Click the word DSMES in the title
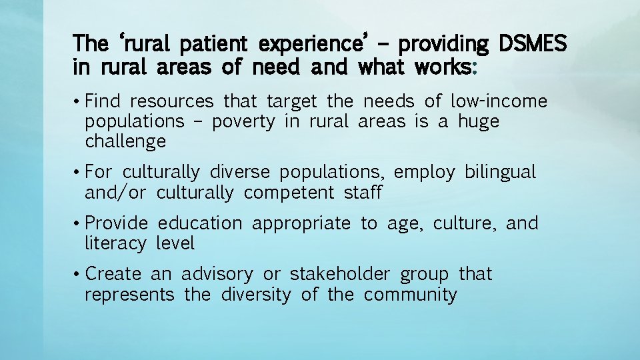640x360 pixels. tap(532, 44)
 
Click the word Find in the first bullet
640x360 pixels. tap(104, 101)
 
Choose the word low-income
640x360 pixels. tap(499, 101)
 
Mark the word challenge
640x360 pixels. tap(125, 142)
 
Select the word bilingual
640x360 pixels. tap(500, 172)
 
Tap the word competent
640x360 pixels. tap(289, 193)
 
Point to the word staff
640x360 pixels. tap(363, 193)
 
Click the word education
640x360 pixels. tap(200, 223)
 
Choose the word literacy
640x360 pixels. tap(115, 244)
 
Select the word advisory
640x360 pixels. tap(217, 274)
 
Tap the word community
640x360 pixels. tap(411, 295)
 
